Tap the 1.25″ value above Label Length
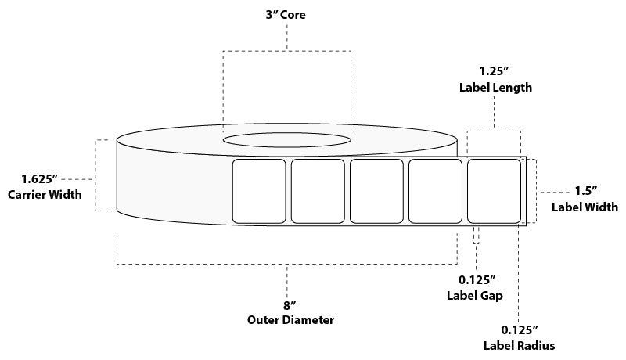[x=495, y=70]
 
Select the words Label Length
[x=495, y=88]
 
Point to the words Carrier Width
[x=45, y=195]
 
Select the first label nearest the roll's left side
[x=260, y=191]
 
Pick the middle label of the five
[x=376, y=191]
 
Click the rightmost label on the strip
[x=494, y=191]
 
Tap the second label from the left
[x=318, y=191]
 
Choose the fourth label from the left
[x=435, y=191]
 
